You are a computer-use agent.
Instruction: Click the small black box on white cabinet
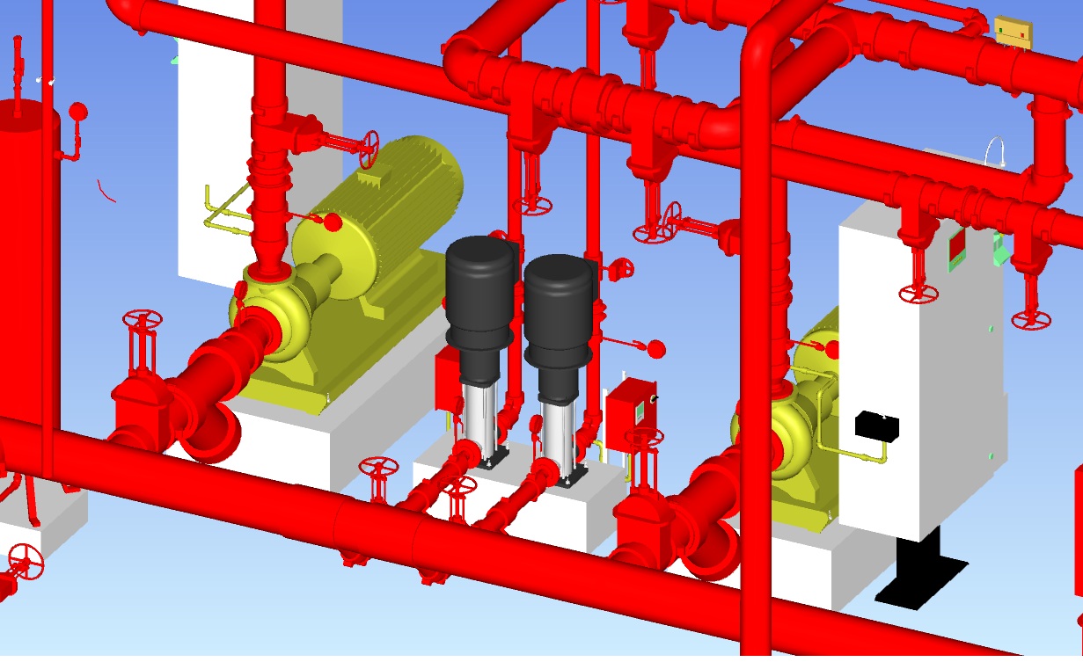(877, 426)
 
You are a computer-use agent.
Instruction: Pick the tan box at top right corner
(1013, 33)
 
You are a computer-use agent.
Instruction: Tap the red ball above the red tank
(78, 111)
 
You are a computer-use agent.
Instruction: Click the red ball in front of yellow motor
(333, 222)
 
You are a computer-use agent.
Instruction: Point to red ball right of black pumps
(655, 349)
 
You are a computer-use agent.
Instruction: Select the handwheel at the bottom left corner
(24, 560)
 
